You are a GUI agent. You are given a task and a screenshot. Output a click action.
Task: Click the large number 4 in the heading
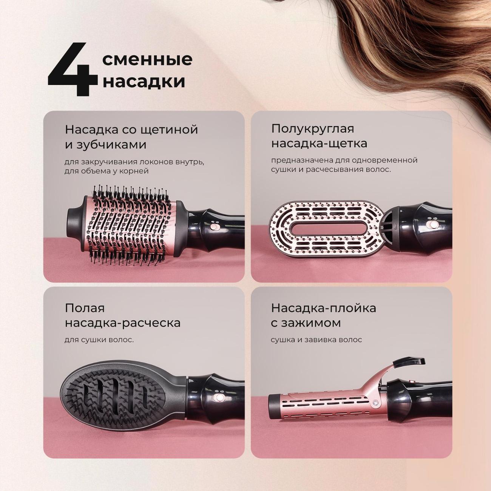pos(73,69)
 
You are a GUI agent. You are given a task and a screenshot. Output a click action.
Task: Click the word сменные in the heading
pos(147,59)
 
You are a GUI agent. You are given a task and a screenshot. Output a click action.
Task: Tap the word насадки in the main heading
pos(144,82)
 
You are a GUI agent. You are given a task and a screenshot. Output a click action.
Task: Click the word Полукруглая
pos(313,129)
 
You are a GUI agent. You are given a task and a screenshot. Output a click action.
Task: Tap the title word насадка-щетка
pos(319,144)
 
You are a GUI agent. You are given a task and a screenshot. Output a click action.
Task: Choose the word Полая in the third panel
pos(85,308)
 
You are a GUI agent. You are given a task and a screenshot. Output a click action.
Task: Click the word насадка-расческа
pos(123,323)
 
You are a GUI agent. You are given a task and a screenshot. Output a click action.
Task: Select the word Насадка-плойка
pos(324,308)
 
